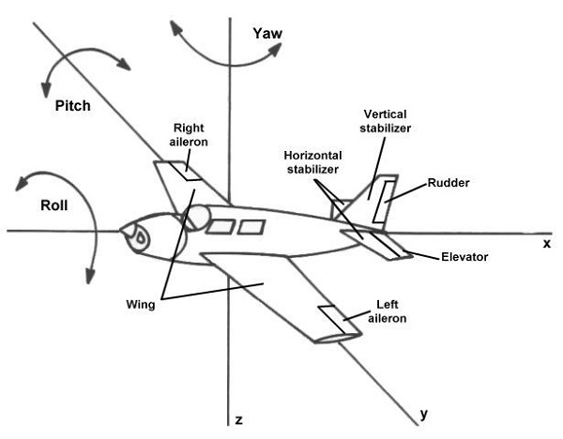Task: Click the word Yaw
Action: point(267,34)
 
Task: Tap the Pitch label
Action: point(72,106)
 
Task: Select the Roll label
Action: point(54,205)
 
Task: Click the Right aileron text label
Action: point(189,135)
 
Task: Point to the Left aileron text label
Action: point(388,311)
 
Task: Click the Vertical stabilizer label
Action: point(386,121)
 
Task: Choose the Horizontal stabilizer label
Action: point(312,162)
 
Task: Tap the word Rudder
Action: point(449,183)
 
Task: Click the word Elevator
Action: point(464,257)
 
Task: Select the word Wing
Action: point(141,305)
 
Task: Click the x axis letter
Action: point(546,244)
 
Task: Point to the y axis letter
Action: point(424,415)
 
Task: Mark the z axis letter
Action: point(238,419)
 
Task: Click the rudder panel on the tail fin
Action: point(384,202)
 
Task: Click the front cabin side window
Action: point(221,227)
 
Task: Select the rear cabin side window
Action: point(251,227)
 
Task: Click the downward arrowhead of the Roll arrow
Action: point(90,276)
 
